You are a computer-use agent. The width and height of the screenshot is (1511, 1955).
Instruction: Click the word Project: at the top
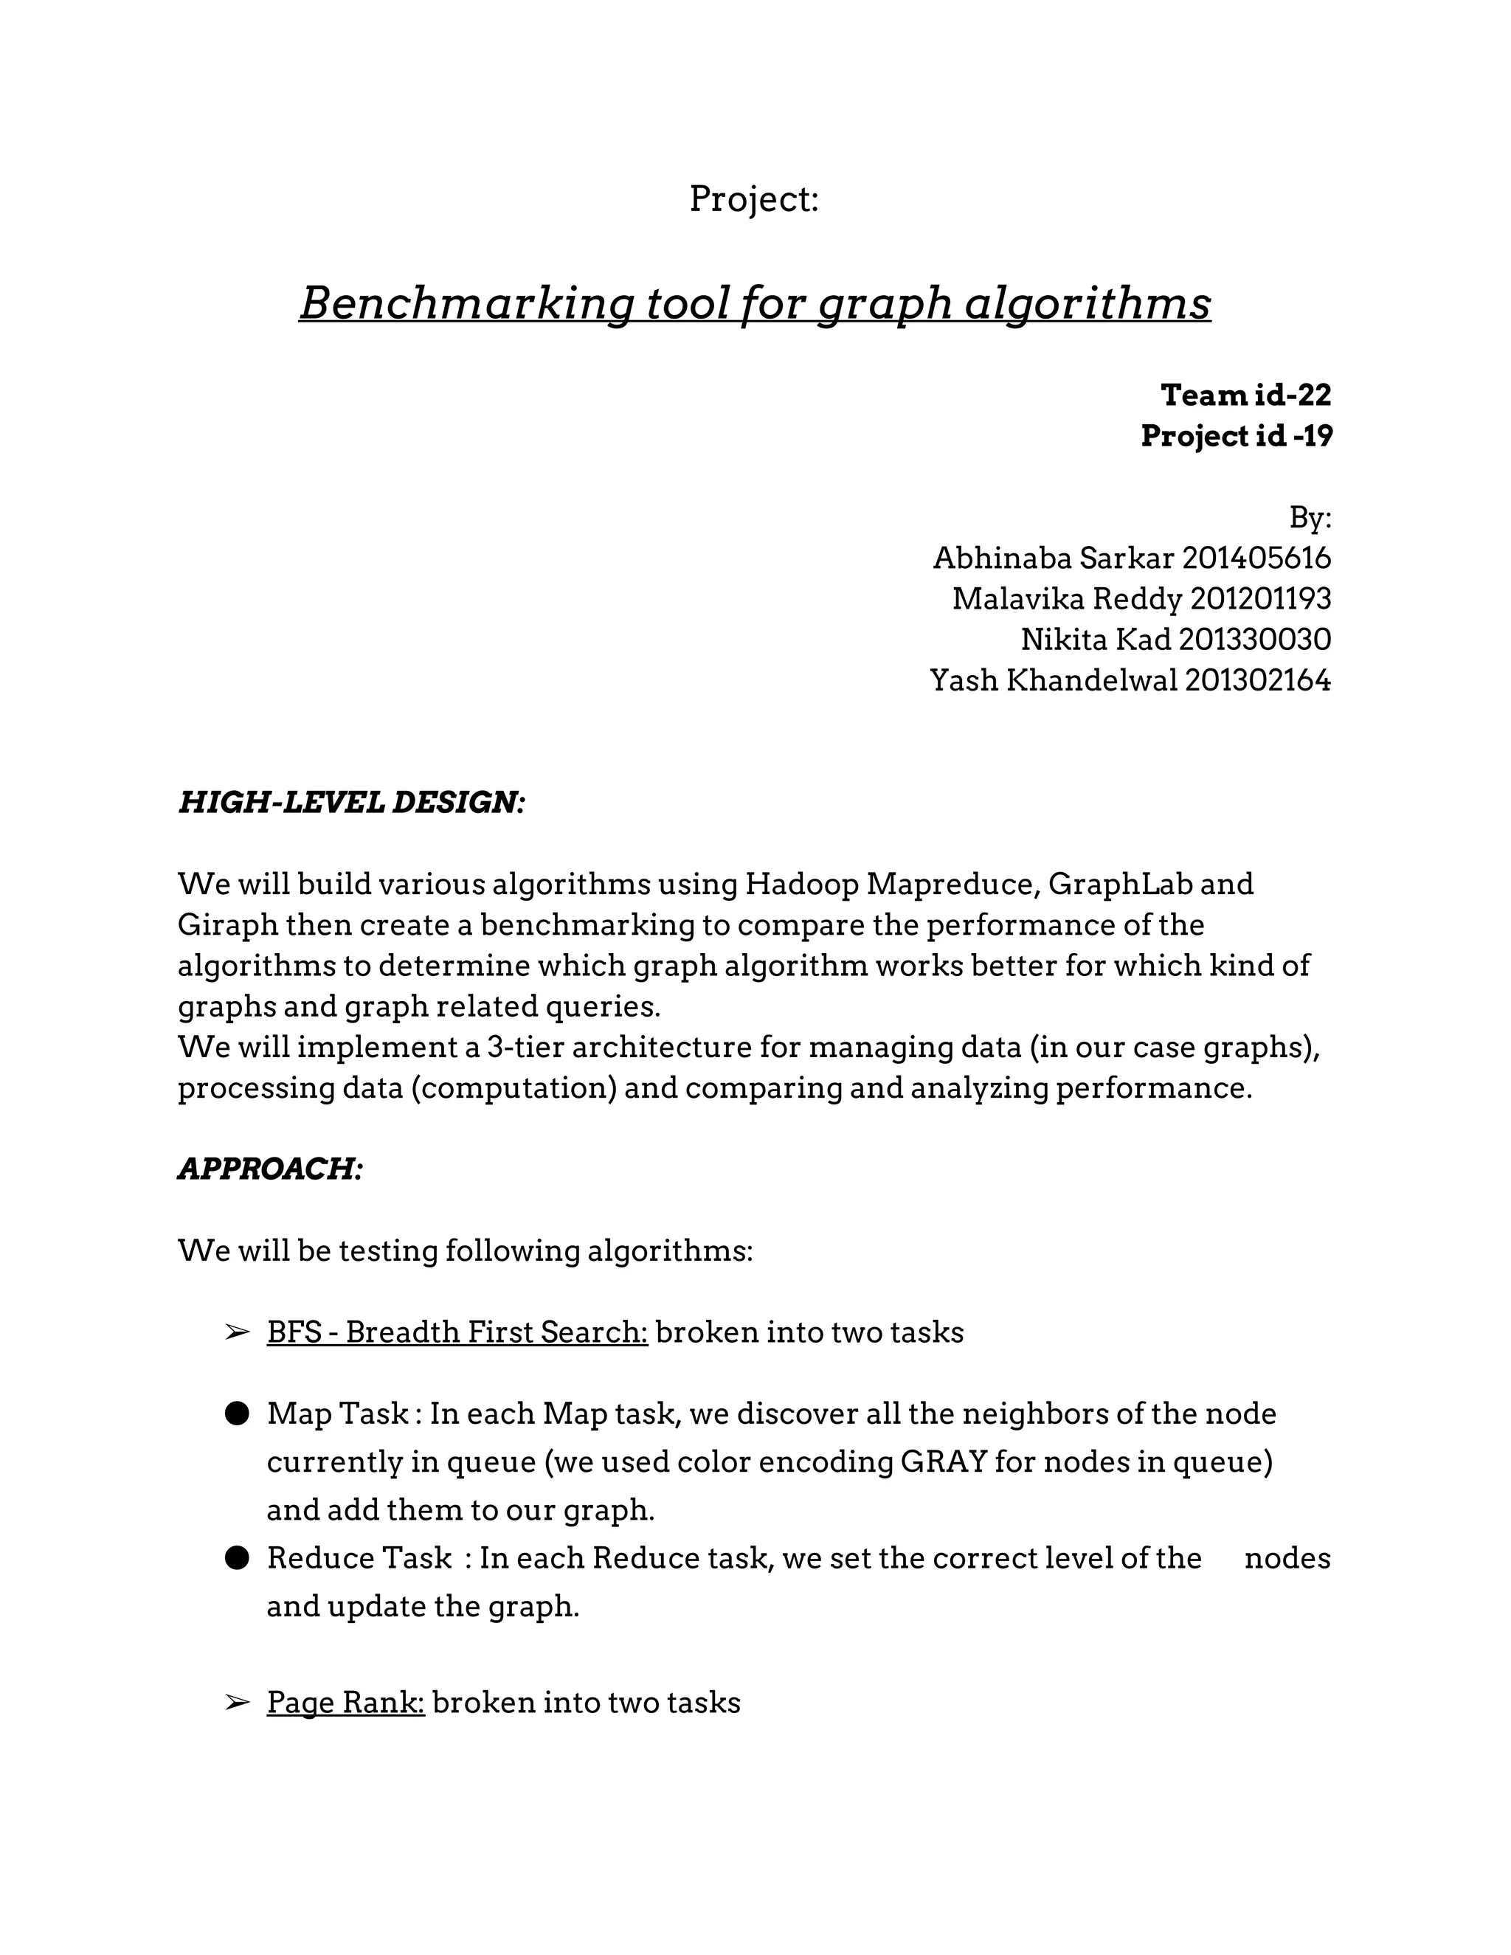tap(754, 198)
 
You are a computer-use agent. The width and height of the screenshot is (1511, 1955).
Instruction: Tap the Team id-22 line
tap(1245, 395)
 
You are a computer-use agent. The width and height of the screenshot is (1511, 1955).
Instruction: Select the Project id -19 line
tap(1237, 436)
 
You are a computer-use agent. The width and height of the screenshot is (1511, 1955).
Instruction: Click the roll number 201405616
tap(1256, 558)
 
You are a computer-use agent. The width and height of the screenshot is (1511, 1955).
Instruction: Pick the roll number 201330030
tap(1254, 639)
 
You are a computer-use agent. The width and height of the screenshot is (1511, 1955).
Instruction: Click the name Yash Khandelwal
tap(1053, 680)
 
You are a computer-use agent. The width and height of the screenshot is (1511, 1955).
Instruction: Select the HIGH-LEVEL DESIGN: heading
tap(351, 802)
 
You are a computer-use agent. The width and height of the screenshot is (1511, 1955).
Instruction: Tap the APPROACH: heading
tap(270, 1168)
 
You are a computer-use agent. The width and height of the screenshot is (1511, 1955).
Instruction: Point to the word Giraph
tap(227, 924)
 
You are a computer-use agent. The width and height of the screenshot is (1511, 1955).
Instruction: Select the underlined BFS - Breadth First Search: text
tap(457, 1332)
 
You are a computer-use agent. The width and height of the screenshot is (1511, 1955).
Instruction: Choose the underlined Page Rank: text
tap(345, 1702)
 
